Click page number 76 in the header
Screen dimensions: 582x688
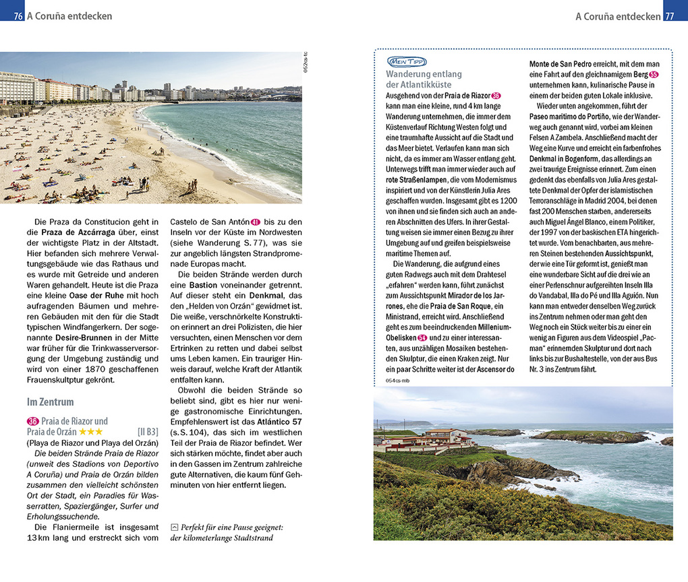point(18,16)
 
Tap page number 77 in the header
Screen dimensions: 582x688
point(669,16)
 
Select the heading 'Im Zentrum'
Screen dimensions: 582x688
point(50,402)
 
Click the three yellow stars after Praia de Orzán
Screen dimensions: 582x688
point(91,431)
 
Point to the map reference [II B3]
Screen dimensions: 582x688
point(148,431)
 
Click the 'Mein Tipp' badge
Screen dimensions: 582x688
point(406,61)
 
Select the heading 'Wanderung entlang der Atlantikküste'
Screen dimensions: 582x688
point(424,79)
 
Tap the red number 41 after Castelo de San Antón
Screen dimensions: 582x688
point(255,222)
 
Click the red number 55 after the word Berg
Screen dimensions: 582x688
point(653,74)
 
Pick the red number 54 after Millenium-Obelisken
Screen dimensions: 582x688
point(422,337)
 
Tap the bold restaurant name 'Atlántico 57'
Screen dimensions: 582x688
point(280,421)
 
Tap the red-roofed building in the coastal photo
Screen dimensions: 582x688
point(445,436)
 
